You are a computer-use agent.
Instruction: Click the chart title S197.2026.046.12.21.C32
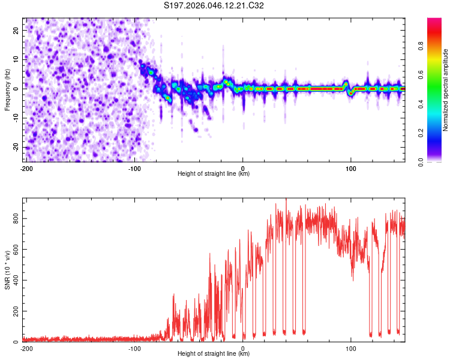(214, 6)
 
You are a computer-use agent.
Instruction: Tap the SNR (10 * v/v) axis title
(8, 269)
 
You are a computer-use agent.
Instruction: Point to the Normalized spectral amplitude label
(446, 90)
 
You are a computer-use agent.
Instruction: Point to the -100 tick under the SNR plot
(134, 349)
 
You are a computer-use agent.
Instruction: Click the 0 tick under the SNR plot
(243, 349)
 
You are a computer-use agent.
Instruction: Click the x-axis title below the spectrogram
(214, 174)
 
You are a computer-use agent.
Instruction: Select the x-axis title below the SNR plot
(214, 354)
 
